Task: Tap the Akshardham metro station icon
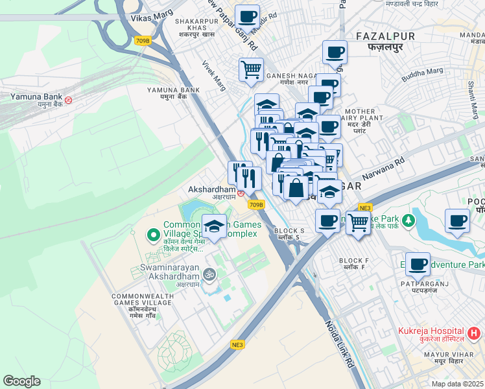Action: (241, 193)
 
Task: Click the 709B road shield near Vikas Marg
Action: (143, 40)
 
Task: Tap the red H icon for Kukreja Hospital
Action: (474, 334)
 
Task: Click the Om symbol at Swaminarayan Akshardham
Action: (209, 274)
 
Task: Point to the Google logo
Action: (21, 381)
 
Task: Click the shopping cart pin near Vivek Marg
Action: (251, 69)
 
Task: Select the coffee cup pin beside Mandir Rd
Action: (247, 16)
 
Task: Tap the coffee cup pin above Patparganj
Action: (419, 264)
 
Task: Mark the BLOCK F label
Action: (353, 261)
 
